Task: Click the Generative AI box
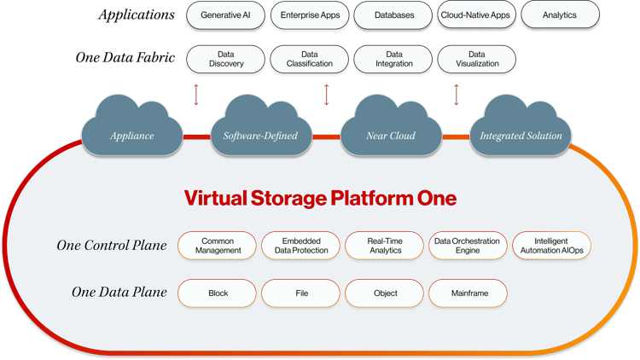coord(226,15)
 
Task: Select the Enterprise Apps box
coord(309,15)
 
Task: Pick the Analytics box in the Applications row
coord(560,15)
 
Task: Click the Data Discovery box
coord(226,59)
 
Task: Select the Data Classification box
coord(309,59)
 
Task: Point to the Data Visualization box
coord(476,59)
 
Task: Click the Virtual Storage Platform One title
coord(320,199)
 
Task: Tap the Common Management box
coord(217,246)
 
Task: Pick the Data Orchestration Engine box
coord(468,246)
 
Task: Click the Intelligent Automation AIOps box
coord(551,246)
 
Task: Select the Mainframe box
coord(468,293)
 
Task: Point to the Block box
coord(217,293)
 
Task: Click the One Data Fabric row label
coord(125,58)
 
